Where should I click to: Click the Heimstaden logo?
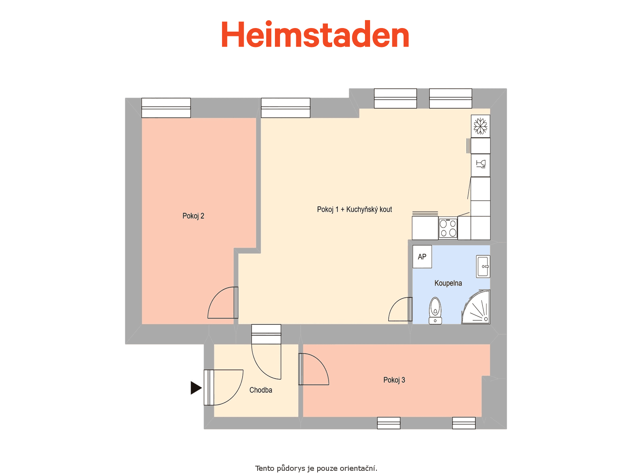(315, 34)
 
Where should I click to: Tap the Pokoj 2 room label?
(193, 216)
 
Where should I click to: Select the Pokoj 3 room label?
(394, 380)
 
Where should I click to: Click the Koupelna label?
(448, 283)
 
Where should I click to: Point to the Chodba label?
(261, 390)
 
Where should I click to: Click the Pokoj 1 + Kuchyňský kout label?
(354, 209)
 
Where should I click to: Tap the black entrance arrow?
(196, 387)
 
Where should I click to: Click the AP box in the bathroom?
(422, 257)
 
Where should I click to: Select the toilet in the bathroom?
(435, 311)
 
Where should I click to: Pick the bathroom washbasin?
(483, 267)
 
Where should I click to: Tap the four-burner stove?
(448, 228)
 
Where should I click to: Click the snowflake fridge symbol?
(480, 126)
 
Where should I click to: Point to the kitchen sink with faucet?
(480, 165)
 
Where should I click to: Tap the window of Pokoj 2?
(166, 107)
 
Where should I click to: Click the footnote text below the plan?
(316, 468)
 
